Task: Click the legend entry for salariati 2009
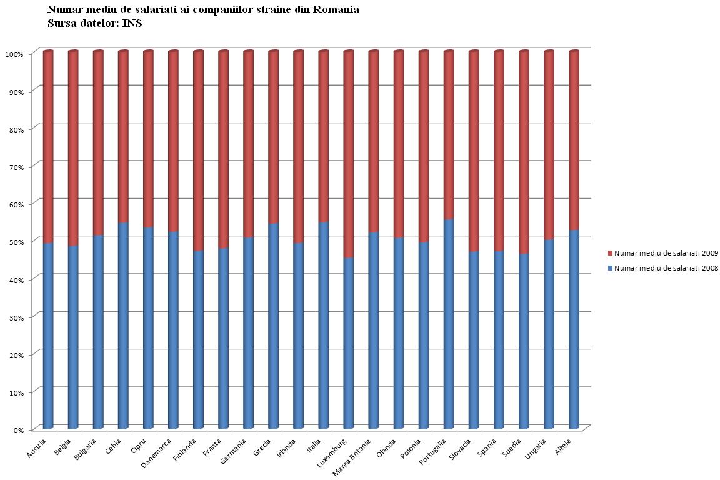(662, 253)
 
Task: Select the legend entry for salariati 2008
(662, 268)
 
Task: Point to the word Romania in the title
(337, 10)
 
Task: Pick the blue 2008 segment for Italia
(324, 325)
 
